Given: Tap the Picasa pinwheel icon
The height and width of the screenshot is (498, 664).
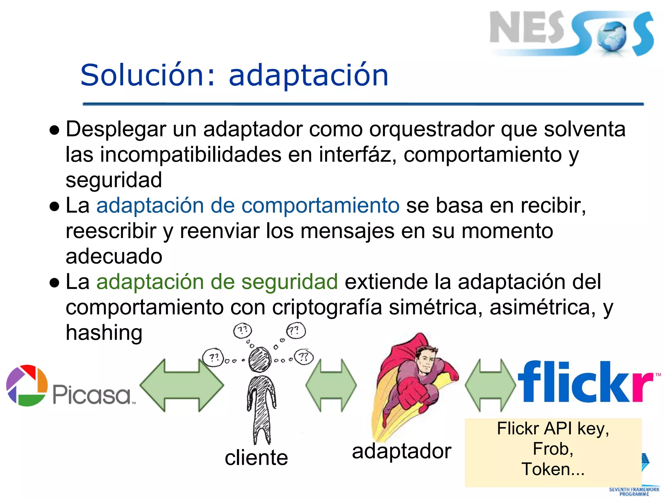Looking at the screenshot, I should click(x=27, y=385).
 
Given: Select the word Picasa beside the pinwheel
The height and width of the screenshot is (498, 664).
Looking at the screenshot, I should click(x=92, y=395).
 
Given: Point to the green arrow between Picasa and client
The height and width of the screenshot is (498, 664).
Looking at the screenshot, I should click(x=182, y=385).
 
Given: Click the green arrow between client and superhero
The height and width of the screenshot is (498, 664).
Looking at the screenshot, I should click(x=331, y=385).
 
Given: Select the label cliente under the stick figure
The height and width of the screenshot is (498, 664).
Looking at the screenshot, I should click(x=256, y=458).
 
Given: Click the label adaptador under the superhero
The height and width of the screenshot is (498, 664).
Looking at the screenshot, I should click(x=402, y=451).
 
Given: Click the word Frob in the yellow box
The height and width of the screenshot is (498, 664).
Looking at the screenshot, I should click(x=553, y=449).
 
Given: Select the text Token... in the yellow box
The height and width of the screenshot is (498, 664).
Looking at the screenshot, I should click(x=553, y=469).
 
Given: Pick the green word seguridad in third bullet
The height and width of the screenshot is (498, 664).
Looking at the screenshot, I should click(x=290, y=281).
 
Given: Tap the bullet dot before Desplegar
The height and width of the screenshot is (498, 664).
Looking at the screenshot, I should click(x=54, y=130).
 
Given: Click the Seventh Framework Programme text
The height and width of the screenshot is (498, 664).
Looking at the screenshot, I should click(x=634, y=492).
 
